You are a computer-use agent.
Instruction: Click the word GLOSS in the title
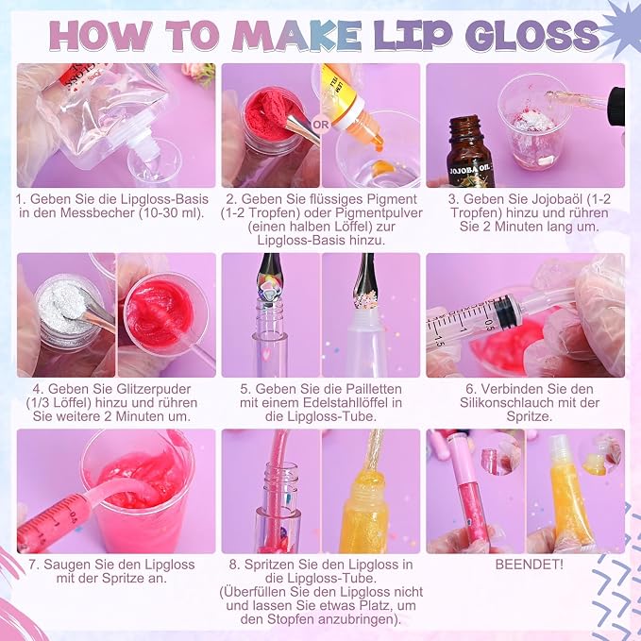point(531,36)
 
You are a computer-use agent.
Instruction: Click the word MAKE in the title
point(296,36)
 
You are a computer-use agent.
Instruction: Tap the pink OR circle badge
point(321,125)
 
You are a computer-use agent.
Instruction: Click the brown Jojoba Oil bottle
point(470,152)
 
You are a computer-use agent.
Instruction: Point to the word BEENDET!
point(529,565)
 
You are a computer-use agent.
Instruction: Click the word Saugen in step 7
point(63,565)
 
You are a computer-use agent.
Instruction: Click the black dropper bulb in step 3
point(616,107)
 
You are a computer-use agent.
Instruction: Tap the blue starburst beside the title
point(621,28)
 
